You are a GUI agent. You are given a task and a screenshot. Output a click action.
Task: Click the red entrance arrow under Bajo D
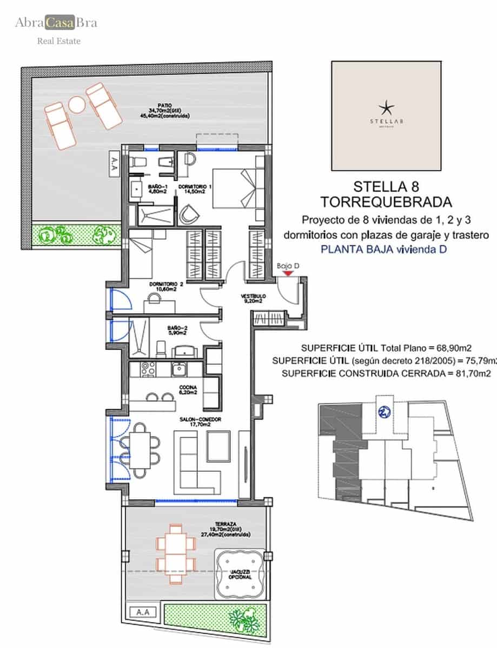click(289, 273)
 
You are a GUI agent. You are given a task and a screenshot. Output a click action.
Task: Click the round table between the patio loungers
click(77, 104)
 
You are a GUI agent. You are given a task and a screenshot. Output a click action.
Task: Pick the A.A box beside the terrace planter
click(143, 612)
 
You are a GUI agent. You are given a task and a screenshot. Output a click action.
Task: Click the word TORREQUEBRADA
click(386, 202)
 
